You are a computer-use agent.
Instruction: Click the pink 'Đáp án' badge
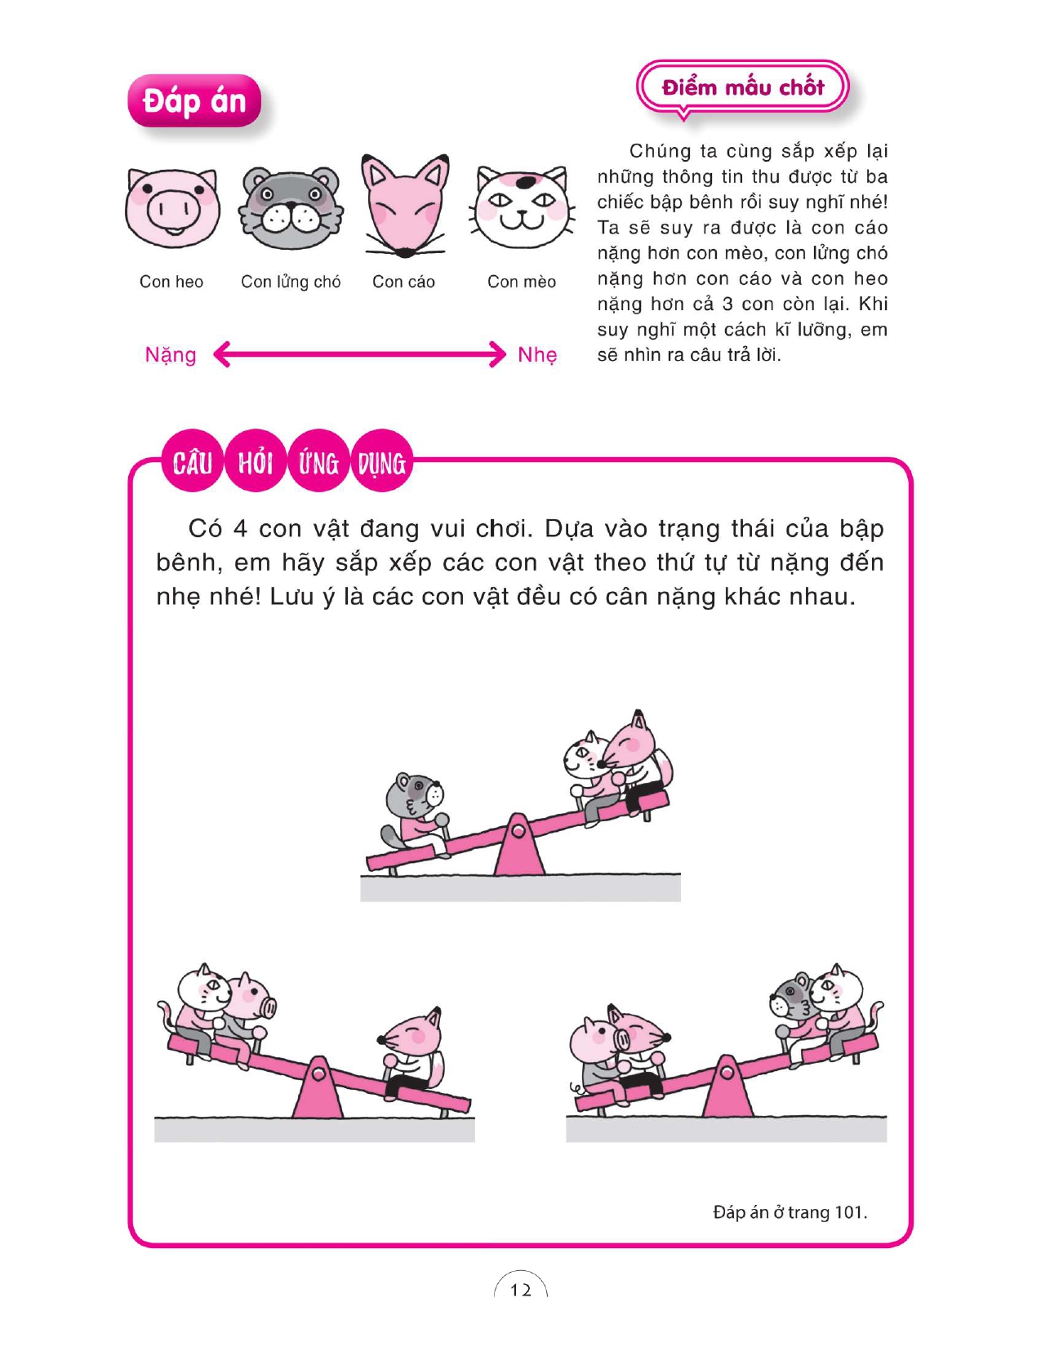click(x=194, y=101)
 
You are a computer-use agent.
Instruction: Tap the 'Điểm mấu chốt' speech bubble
click(x=742, y=87)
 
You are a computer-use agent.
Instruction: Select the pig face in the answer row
click(x=172, y=207)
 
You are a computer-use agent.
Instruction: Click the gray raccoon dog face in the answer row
click(x=291, y=207)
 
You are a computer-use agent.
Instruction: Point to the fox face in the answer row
click(x=405, y=205)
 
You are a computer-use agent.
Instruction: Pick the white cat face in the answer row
click(x=522, y=207)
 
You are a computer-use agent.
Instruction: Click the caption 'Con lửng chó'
click(x=291, y=282)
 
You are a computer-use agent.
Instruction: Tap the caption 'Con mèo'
click(x=522, y=282)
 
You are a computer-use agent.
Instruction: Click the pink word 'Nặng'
click(x=171, y=355)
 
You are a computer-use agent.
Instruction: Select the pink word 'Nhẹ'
click(x=537, y=355)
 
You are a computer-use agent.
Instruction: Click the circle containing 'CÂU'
click(x=192, y=462)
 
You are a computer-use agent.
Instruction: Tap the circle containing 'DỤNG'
click(x=382, y=462)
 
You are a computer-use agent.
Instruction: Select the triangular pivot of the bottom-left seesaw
click(x=318, y=1087)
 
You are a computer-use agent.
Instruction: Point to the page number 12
click(x=521, y=1291)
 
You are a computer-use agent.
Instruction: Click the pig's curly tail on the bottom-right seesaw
click(x=576, y=1088)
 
